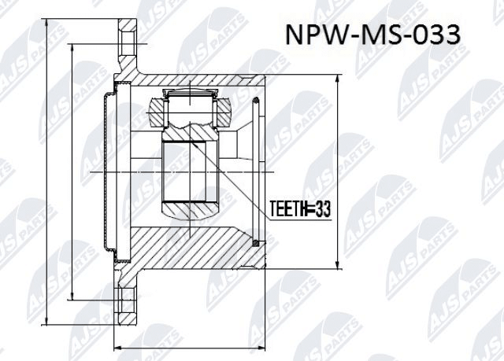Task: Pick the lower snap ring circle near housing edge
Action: pos(256,244)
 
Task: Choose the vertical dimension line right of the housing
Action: pos(338,173)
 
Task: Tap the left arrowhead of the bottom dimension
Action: pos(117,345)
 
